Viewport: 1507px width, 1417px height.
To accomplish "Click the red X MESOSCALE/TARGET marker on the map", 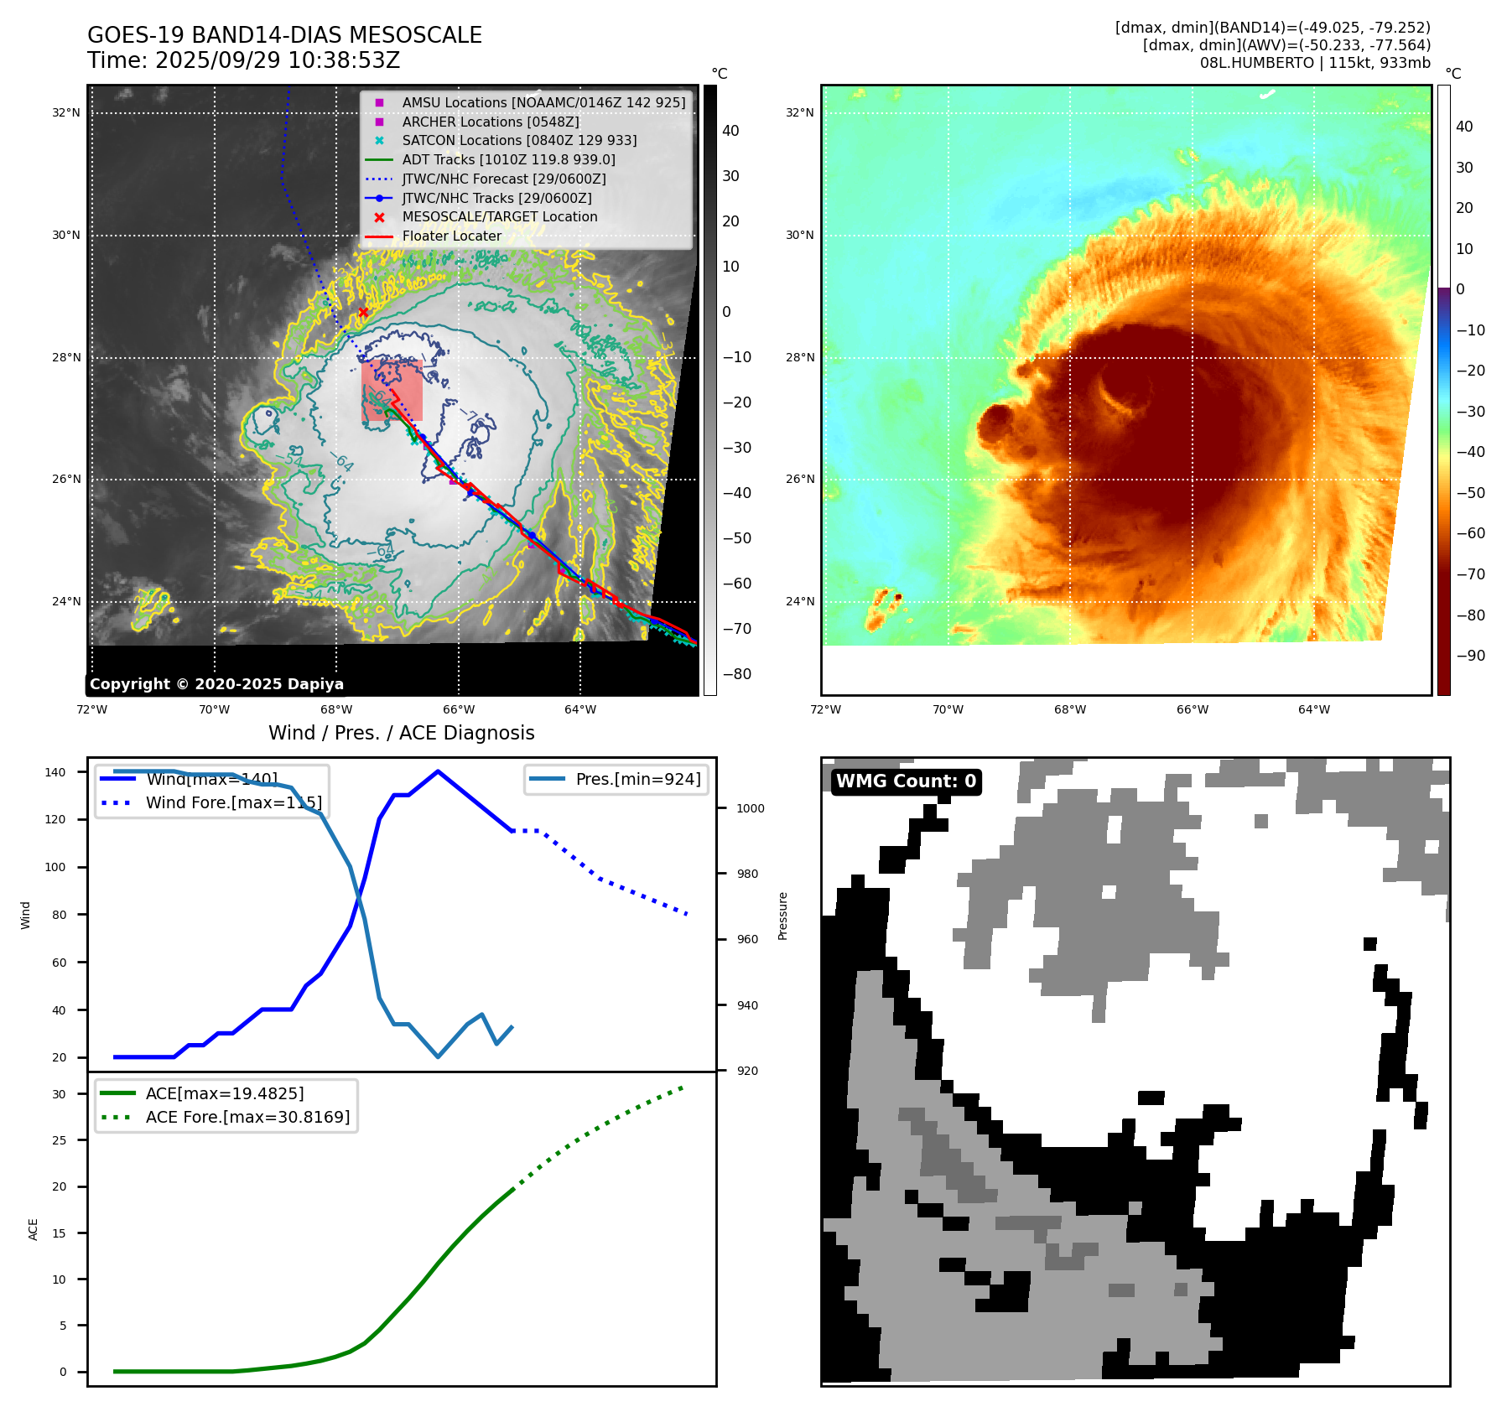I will [363, 313].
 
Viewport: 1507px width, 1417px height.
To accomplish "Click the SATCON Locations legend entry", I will [519, 140].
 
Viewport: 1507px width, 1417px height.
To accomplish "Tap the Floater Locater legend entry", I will [451, 236].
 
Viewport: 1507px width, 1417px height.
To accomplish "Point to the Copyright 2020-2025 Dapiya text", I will [216, 684].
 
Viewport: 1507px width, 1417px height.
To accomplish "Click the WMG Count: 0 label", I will [906, 781].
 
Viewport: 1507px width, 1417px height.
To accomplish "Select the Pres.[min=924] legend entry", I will [637, 779].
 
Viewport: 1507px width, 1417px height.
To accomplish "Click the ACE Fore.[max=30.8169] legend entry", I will [247, 1117].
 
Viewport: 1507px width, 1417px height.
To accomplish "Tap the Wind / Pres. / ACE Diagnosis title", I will [401, 733].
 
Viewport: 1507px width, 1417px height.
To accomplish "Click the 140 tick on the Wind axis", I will [55, 772].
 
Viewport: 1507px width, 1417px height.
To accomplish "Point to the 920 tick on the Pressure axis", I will [746, 1071].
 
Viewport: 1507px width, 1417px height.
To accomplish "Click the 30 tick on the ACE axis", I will [59, 1094].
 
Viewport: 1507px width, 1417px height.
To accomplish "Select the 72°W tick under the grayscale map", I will [91, 709].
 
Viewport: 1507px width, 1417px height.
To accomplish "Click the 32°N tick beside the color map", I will [799, 112].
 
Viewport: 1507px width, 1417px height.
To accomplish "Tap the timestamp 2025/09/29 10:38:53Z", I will [278, 60].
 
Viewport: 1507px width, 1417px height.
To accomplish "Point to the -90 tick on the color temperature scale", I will [1470, 656].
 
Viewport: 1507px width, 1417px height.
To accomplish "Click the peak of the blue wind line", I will [438, 771].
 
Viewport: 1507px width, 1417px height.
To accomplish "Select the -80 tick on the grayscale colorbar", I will [737, 674].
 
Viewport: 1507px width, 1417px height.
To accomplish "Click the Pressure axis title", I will [782, 916].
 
